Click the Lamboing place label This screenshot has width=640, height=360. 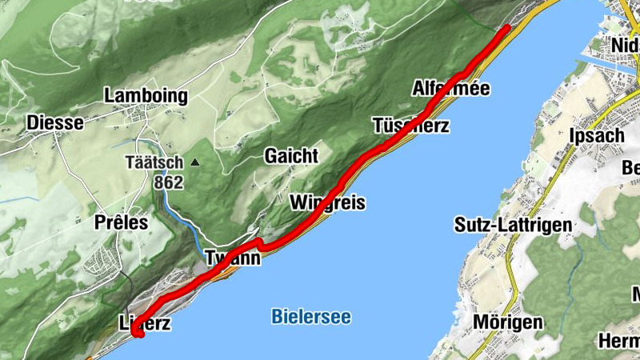[146, 96]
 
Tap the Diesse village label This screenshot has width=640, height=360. [54, 122]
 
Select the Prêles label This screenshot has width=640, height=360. [121, 222]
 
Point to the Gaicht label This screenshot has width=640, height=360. [291, 155]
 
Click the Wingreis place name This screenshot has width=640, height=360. [328, 202]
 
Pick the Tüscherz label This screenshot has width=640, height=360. [410, 126]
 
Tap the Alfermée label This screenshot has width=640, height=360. [450, 88]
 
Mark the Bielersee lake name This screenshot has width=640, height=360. [311, 317]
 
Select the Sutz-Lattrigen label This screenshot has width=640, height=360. [513, 224]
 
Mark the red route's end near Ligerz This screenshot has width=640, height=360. [139, 336]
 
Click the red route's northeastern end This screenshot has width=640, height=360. [507, 28]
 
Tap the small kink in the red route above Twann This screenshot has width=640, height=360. [259, 242]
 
